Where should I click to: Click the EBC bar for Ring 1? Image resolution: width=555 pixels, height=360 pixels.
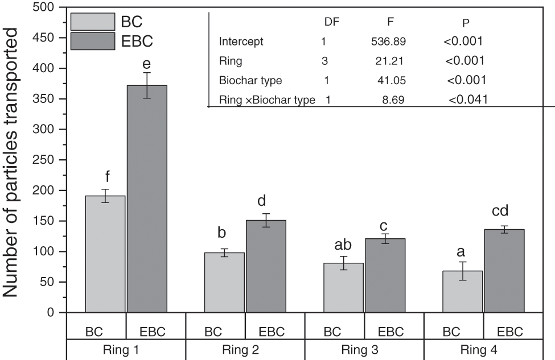[146, 199]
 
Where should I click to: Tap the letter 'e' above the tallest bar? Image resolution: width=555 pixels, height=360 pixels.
[146, 63]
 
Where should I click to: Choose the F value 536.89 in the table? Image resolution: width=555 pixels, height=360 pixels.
[388, 41]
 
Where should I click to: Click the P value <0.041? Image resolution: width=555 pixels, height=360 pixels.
[468, 100]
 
